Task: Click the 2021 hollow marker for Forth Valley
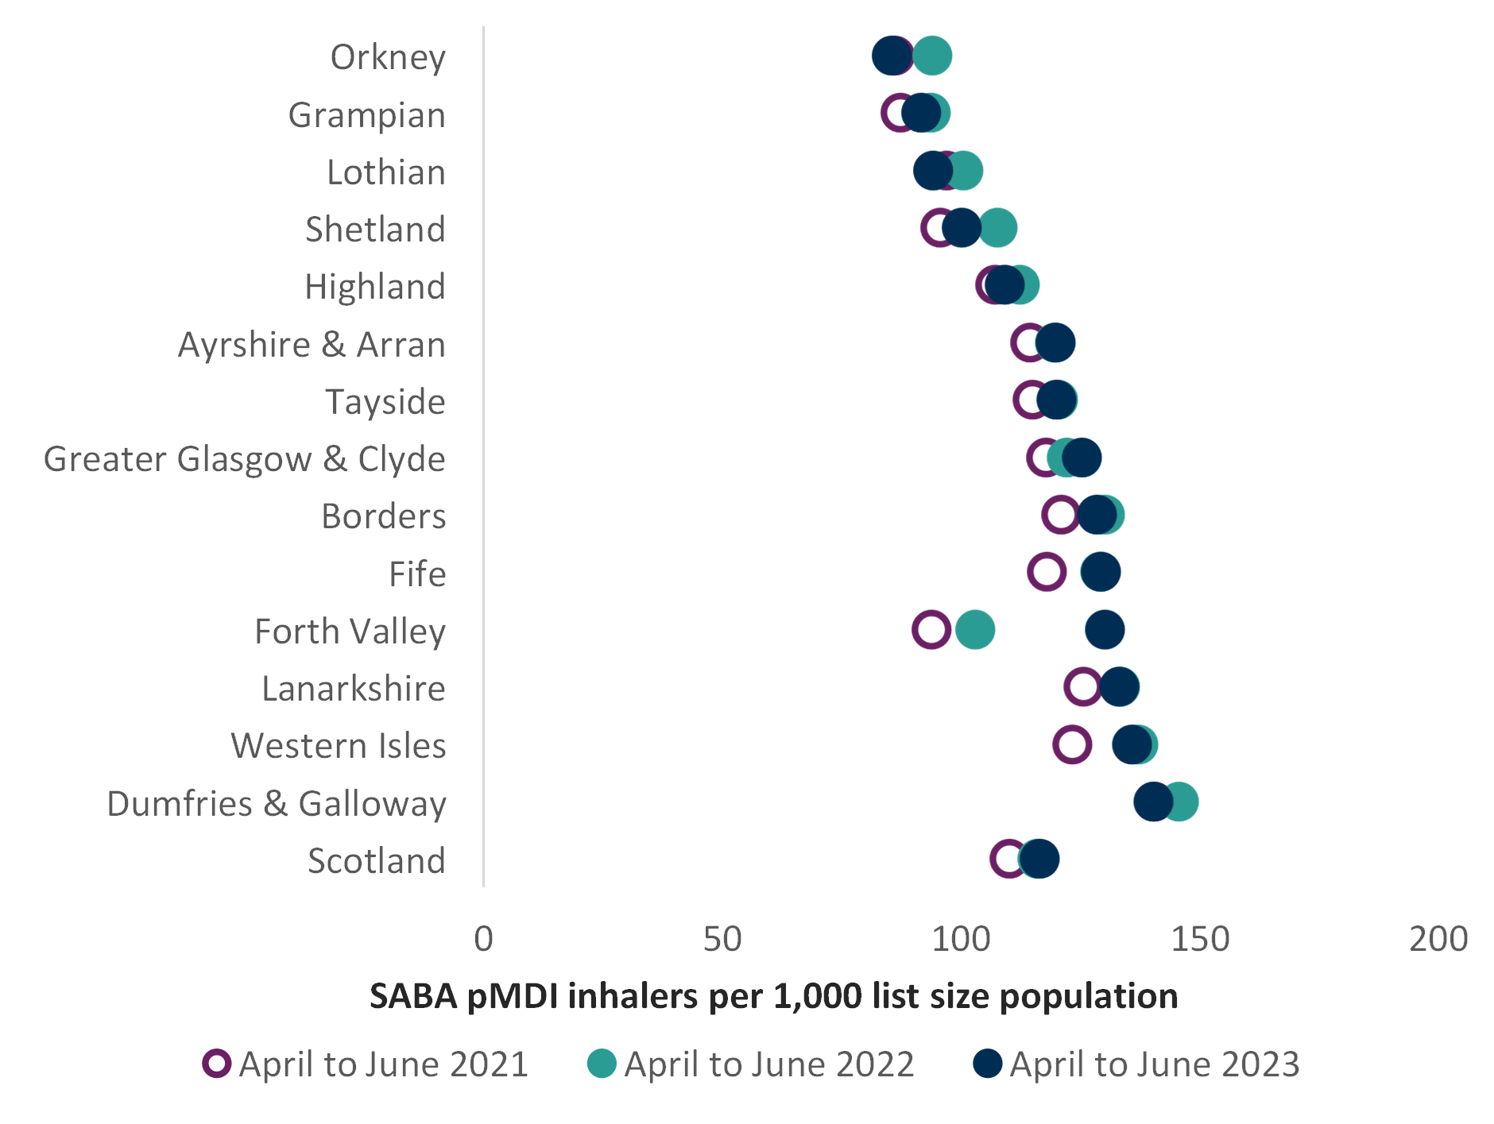click(931, 630)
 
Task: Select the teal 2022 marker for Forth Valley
click(975, 630)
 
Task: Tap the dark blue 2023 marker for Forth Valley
click(1105, 630)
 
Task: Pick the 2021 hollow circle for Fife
click(1047, 572)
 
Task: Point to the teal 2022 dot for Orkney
click(933, 56)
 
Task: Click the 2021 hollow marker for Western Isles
click(1072, 744)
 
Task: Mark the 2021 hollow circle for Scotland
click(1009, 859)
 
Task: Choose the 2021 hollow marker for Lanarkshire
click(1083, 687)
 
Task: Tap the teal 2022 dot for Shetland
click(998, 228)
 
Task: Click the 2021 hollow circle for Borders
click(1061, 515)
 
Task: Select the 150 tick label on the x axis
click(1200, 940)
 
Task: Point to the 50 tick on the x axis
click(722, 940)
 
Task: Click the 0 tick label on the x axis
click(483, 940)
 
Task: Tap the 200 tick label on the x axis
click(1438, 940)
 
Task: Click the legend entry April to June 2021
click(383, 1064)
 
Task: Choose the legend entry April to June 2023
click(1154, 1064)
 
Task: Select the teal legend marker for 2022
click(602, 1064)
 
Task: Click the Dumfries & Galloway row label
click(277, 803)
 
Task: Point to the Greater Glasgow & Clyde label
click(245, 459)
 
